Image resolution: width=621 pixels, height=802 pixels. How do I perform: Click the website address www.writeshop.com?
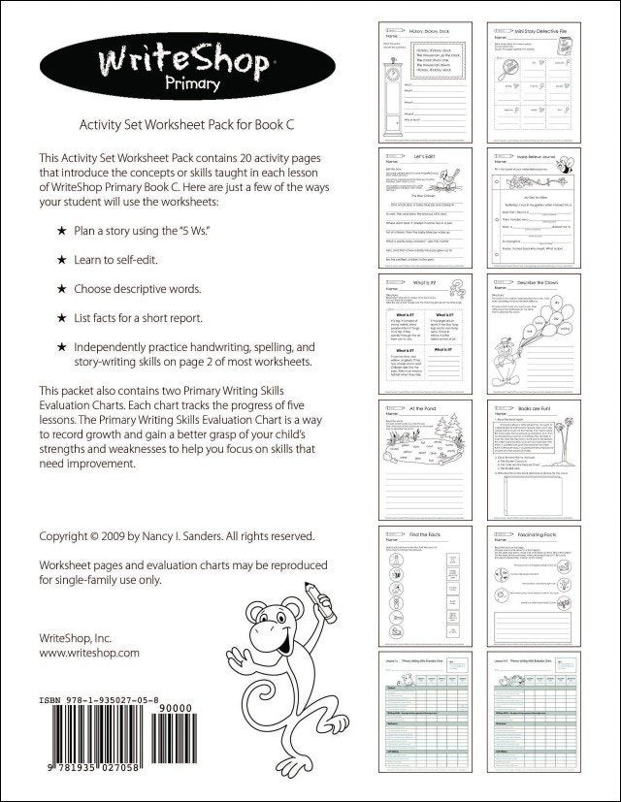click(89, 654)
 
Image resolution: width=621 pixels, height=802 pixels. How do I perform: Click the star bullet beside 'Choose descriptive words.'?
click(62, 289)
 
